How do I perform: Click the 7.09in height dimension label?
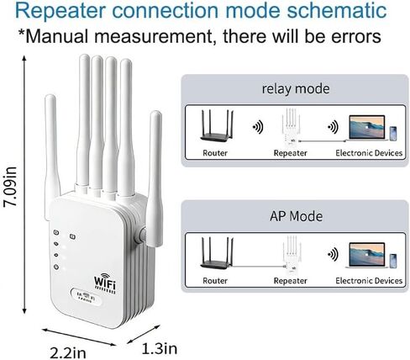[10, 188]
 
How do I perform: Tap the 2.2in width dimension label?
[68, 352]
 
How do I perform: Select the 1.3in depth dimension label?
[160, 349]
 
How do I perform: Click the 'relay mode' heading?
[296, 89]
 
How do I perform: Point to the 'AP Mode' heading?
[296, 216]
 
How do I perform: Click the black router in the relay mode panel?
[217, 125]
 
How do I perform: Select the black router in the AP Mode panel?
[217, 253]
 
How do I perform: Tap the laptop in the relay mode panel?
[367, 128]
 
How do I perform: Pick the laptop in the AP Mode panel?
[367, 255]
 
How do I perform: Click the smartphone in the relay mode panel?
[393, 134]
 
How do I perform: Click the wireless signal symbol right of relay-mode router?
[258, 127]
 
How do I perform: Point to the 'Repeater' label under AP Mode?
[290, 281]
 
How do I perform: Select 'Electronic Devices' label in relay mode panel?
[369, 153]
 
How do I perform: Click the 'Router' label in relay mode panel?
[215, 153]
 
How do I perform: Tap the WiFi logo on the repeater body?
[105, 283]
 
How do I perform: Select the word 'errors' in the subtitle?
[355, 36]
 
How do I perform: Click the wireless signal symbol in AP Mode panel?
[333, 254]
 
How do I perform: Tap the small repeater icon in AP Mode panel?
[292, 255]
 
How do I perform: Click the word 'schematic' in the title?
[337, 10]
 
